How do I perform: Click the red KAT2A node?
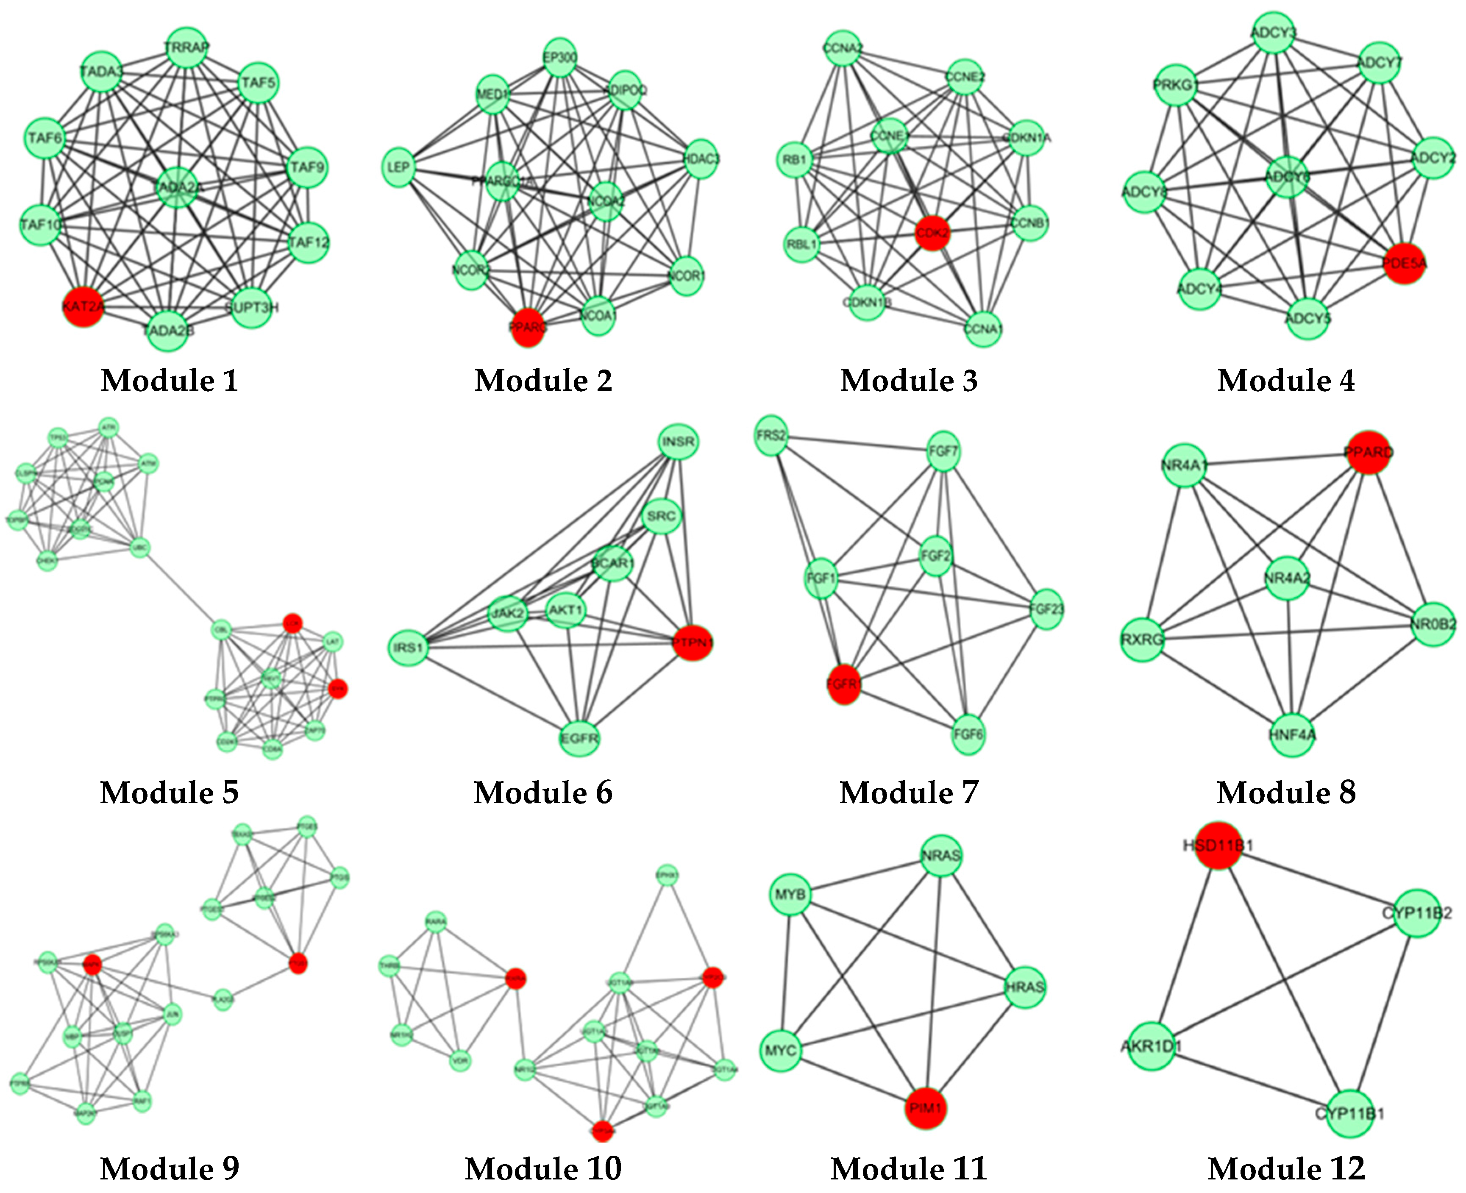[83, 306]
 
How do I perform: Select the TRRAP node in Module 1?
[186, 47]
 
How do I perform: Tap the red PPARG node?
[528, 327]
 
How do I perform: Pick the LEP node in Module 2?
[399, 167]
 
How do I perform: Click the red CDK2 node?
[932, 232]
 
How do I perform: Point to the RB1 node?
[795, 159]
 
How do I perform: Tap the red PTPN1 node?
[692, 642]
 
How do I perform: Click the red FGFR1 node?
[843, 684]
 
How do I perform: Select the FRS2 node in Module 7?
[771, 435]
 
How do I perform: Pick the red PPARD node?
[1368, 452]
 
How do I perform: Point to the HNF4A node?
[1292, 734]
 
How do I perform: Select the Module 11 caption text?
[909, 1168]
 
